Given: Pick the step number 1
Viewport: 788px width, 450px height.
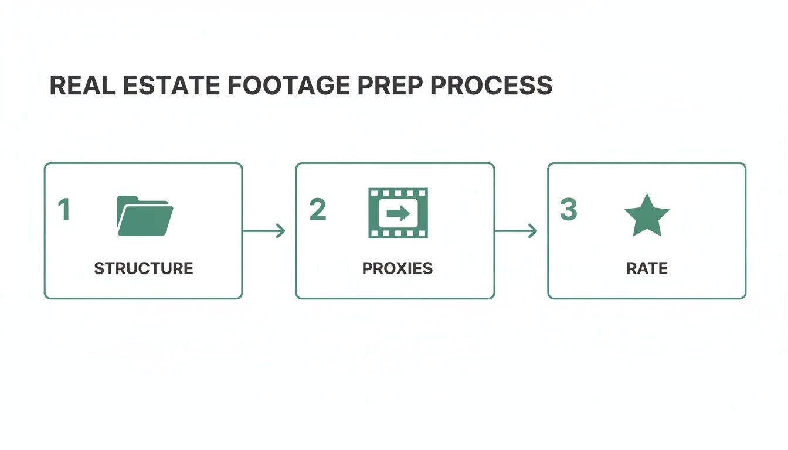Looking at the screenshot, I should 63,210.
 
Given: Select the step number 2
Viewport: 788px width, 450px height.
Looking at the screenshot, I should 317,210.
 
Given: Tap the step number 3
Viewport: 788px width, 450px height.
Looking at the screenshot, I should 568,210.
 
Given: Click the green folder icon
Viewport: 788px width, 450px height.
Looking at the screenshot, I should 145,216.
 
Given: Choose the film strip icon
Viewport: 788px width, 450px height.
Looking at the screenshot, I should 398,213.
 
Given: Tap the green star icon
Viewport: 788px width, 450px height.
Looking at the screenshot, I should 647,215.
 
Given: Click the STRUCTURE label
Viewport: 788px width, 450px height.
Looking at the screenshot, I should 144,268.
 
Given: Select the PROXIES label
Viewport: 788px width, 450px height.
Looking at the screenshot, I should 398,268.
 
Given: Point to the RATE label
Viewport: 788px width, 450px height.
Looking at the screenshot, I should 647,268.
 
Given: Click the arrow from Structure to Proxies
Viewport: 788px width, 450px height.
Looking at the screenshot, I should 264,231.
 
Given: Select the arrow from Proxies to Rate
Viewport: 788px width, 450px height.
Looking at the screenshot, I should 516,231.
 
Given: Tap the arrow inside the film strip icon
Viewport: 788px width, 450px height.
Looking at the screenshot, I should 398,213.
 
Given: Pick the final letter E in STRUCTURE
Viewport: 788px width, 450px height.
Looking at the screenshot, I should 188,268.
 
